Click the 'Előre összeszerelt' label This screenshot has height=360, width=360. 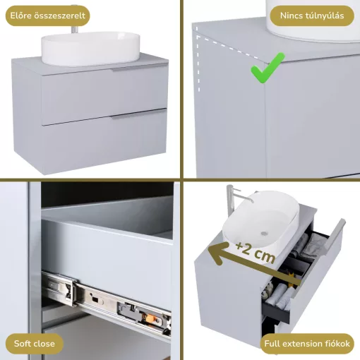pos(47,16)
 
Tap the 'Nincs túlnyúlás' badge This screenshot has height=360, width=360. pos(312,16)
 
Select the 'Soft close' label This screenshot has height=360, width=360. pos(35,344)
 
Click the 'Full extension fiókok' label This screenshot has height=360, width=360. pos(307,344)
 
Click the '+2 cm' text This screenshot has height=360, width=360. pos(256,252)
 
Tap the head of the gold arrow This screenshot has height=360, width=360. pos(215,252)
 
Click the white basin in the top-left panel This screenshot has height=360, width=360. pos(90,49)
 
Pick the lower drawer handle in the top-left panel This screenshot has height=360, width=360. pos(139,114)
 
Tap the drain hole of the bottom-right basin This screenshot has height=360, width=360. pos(263,234)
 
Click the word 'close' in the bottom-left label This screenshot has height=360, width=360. pos(44,344)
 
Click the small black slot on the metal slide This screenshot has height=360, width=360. pos(95,299)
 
